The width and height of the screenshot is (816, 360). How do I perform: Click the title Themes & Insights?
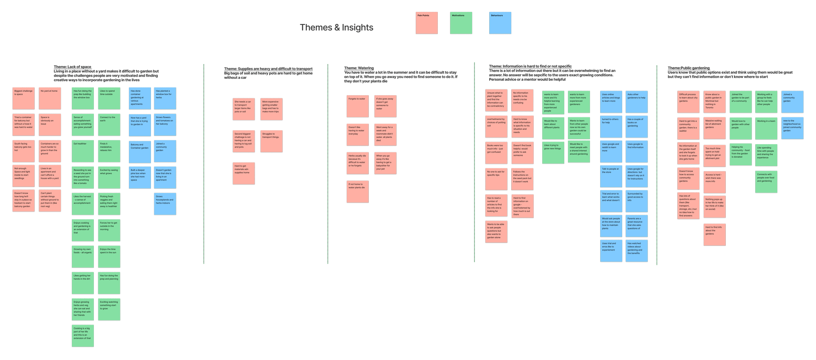coord(336,27)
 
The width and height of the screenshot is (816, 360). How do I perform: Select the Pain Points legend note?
coord(426,23)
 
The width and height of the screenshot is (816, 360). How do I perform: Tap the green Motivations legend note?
coord(461,23)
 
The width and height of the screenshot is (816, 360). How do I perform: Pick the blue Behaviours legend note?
coord(500,23)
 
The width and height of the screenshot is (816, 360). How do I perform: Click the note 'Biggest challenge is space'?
coord(23,98)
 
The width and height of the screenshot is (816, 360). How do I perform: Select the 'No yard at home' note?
coord(50,98)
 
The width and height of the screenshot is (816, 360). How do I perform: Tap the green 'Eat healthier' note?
coord(83,151)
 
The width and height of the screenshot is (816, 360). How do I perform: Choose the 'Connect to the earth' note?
coord(109,124)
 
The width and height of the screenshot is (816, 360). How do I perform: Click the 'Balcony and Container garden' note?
coord(140,151)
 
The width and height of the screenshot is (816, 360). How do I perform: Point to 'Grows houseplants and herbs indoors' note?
coord(165,204)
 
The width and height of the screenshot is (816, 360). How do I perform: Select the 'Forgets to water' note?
coord(357,106)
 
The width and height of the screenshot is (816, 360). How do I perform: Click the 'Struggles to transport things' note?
coord(271,141)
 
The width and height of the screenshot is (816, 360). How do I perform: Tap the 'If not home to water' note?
coord(357,191)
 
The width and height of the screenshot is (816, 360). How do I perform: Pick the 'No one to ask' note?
coord(496,179)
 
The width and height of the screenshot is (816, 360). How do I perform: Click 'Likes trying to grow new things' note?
coord(553,152)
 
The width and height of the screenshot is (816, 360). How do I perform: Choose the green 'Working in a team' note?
coord(766,128)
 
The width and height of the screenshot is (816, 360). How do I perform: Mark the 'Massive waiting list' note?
coord(714,128)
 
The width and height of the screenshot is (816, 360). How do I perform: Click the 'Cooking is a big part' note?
coord(83,336)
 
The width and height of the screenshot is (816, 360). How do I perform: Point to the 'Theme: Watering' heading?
coord(359,68)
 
